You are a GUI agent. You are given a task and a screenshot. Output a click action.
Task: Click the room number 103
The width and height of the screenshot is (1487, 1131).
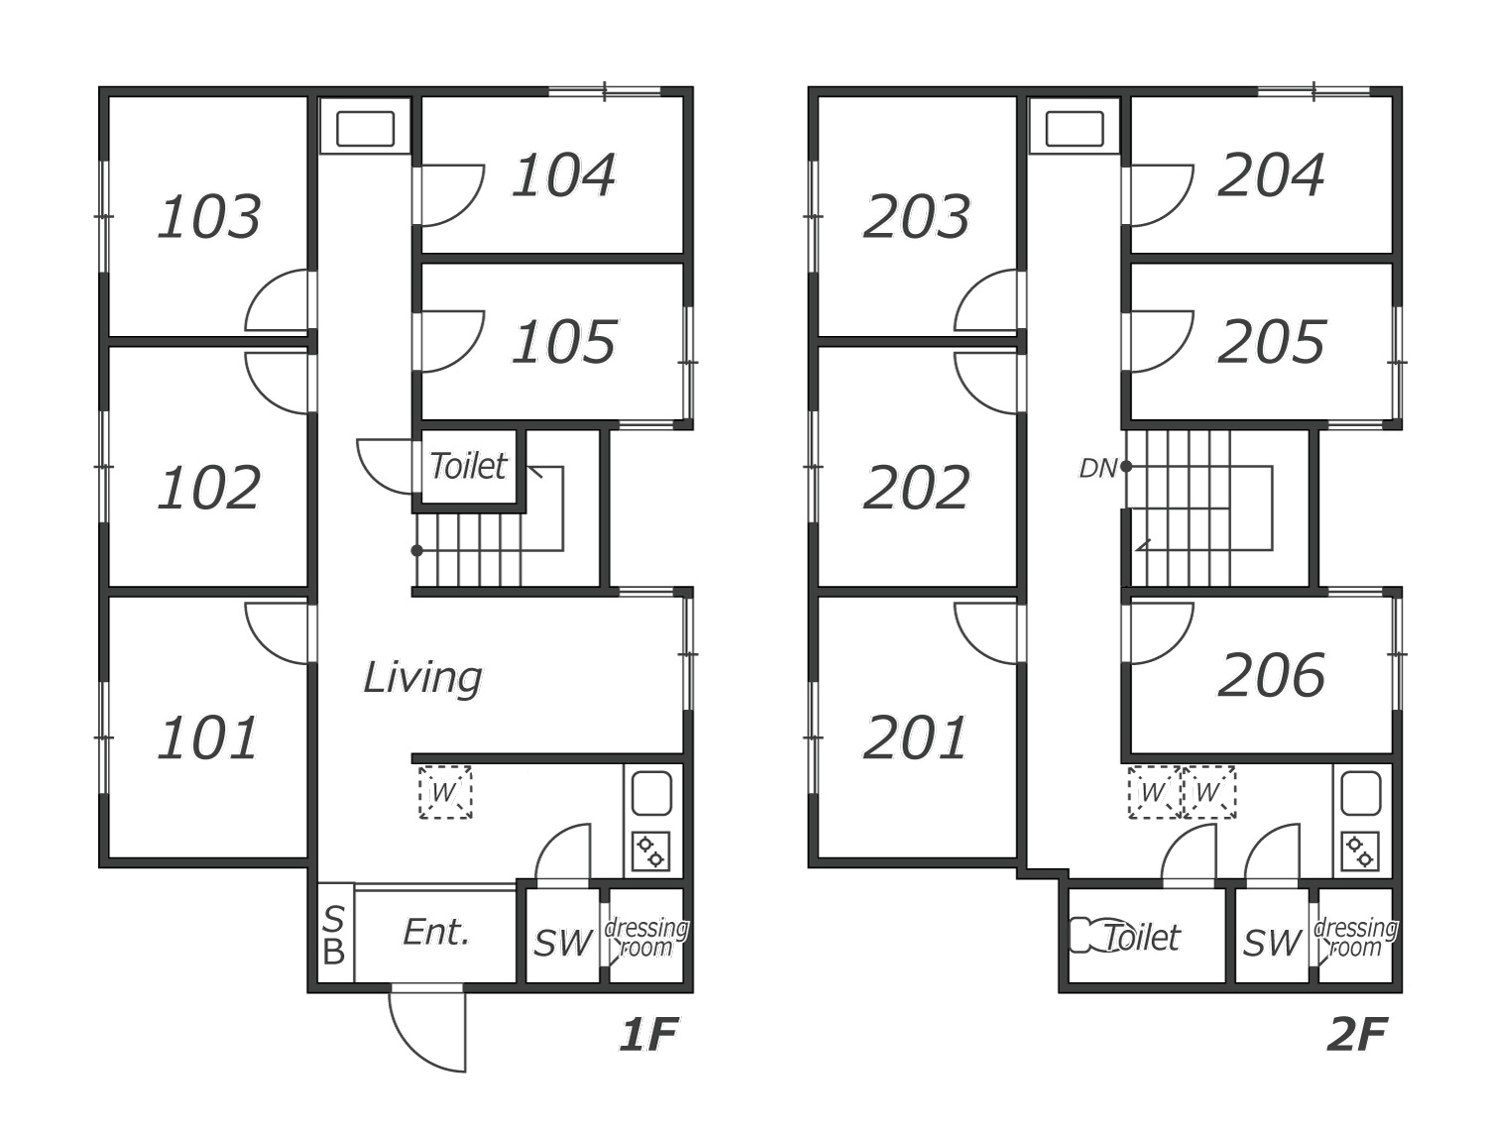pyautogui.click(x=208, y=217)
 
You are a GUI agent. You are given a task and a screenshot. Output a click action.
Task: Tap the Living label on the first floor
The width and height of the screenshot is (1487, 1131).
pyautogui.click(x=422, y=679)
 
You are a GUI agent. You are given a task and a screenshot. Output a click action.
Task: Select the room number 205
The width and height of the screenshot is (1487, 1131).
pyautogui.click(x=1271, y=342)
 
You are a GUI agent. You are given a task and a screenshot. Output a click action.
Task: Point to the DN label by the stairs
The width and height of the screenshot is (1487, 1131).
pyautogui.click(x=1096, y=468)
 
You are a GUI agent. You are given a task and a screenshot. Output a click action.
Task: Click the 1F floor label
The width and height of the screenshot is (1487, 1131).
pyautogui.click(x=649, y=1035)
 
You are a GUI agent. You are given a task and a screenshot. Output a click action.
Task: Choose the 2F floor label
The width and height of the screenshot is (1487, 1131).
pyautogui.click(x=1357, y=1035)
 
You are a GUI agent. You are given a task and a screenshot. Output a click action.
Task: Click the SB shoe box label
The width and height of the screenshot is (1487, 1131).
pyautogui.click(x=334, y=936)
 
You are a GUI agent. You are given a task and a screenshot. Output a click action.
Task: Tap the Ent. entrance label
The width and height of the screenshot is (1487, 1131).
pyautogui.click(x=436, y=933)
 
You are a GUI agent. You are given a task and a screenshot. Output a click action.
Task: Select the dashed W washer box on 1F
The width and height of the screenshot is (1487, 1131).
pyautogui.click(x=445, y=792)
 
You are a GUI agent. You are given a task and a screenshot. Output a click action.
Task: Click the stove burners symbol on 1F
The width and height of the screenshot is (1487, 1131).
pyautogui.click(x=650, y=851)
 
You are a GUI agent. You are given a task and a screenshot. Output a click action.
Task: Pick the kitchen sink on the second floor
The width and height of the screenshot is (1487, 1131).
pyautogui.click(x=1361, y=793)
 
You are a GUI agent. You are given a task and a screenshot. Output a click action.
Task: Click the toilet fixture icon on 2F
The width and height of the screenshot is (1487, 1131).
pyautogui.click(x=1087, y=936)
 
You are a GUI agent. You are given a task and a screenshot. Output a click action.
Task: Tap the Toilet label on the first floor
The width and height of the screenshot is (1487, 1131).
pyautogui.click(x=468, y=467)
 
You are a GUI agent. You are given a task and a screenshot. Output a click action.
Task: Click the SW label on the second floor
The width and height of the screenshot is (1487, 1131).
pyautogui.click(x=1272, y=943)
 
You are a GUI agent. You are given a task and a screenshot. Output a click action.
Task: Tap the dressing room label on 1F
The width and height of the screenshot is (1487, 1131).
pyautogui.click(x=646, y=938)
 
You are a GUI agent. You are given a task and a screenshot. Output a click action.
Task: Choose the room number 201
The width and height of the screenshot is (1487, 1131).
pyautogui.click(x=915, y=738)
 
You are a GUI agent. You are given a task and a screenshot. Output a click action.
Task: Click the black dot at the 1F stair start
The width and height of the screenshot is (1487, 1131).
pyautogui.click(x=417, y=550)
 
